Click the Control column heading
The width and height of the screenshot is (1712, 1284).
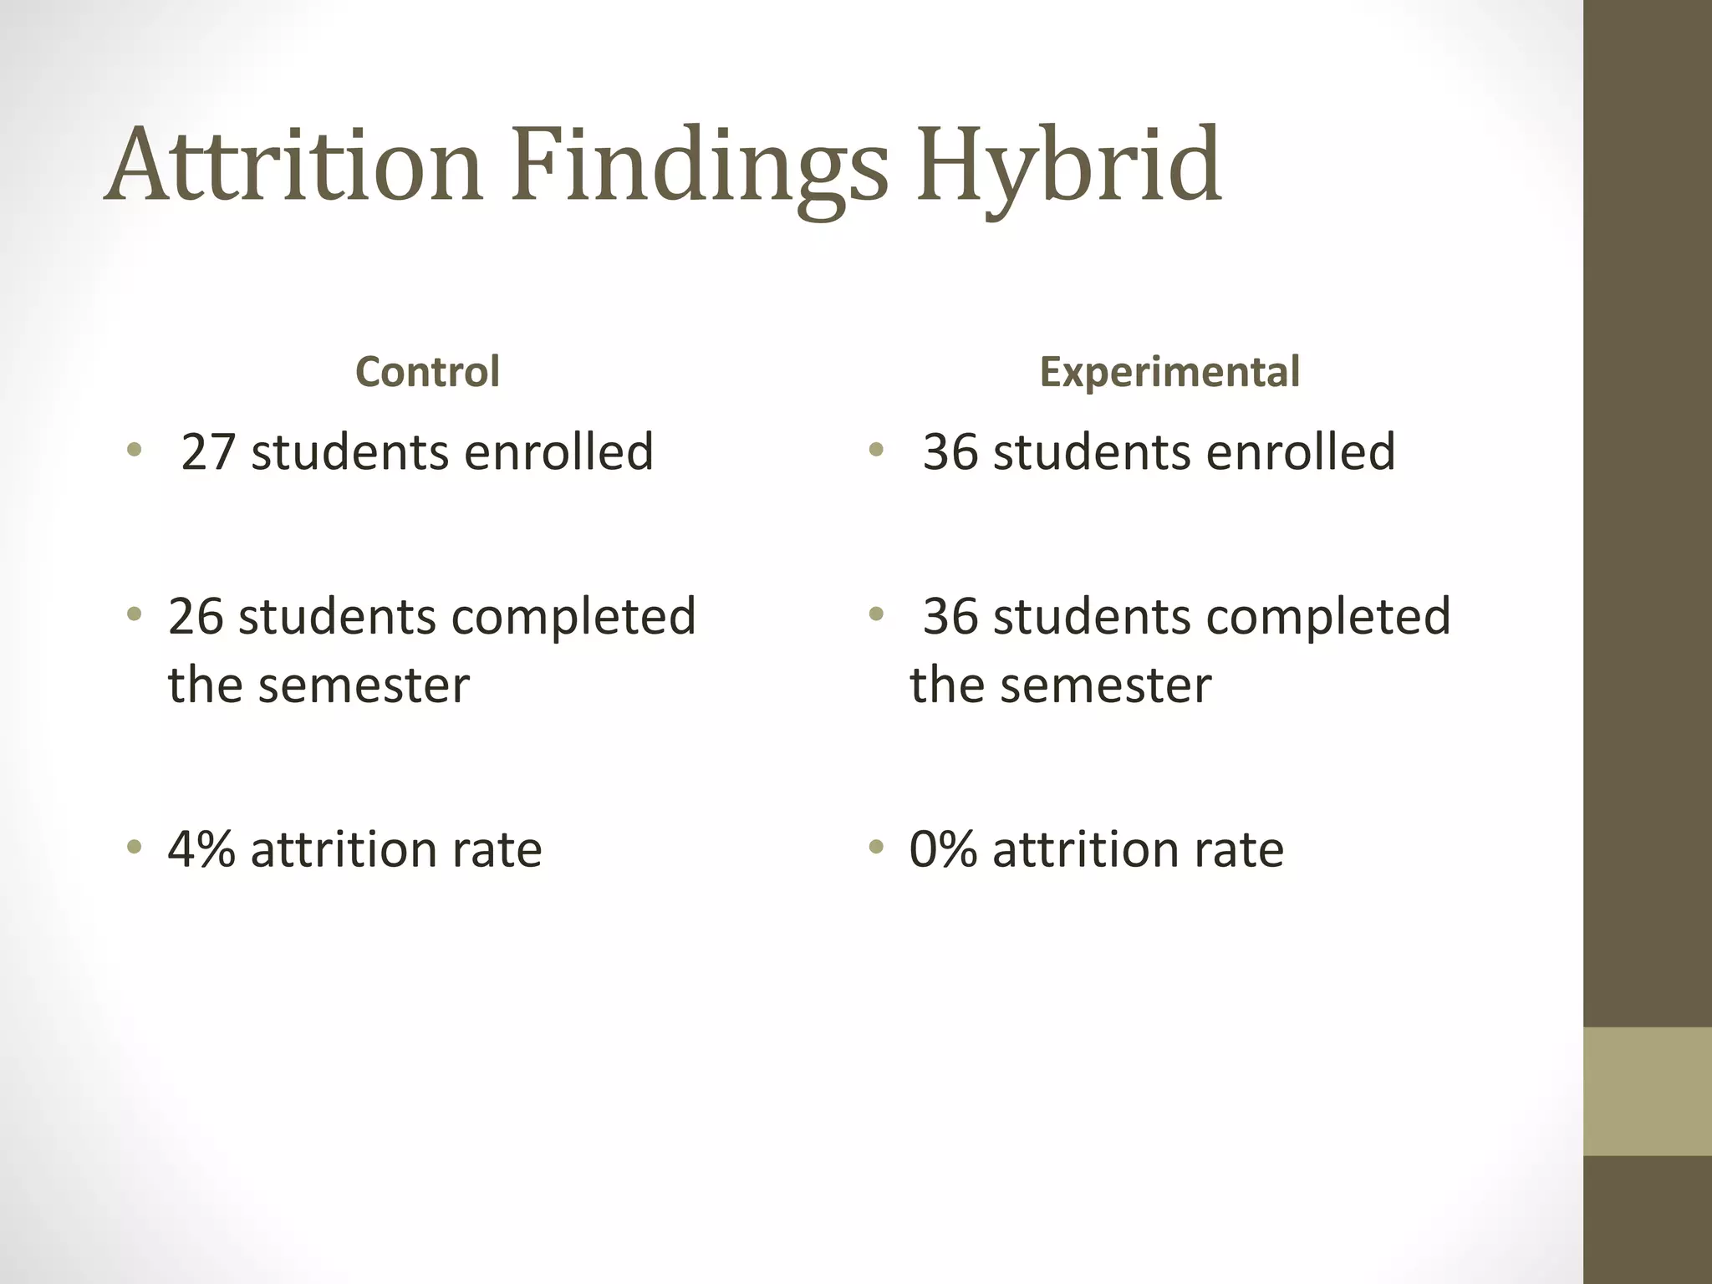[427, 372]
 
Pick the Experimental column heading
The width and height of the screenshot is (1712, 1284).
[1169, 372]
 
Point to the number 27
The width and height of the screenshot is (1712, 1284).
[207, 452]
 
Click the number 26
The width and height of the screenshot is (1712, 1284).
[195, 617]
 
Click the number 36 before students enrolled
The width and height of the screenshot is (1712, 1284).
[950, 452]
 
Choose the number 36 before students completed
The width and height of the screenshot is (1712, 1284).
[950, 617]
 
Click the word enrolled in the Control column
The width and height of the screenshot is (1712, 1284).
[558, 452]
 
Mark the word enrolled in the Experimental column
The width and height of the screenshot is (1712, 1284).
[1301, 452]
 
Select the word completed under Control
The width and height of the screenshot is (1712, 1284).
[573, 617]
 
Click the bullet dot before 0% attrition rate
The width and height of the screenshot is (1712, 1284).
[875, 848]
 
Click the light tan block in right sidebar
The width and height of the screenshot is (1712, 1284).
[1647, 1091]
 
